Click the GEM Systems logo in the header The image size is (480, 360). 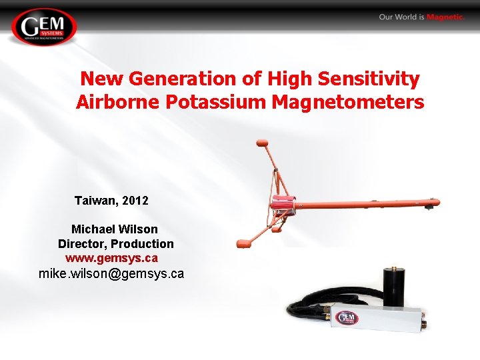[x=44, y=27]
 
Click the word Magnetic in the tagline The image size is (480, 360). [x=445, y=17]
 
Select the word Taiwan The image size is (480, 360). [x=96, y=200]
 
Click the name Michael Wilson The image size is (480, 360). [x=115, y=229]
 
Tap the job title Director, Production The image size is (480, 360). [x=115, y=244]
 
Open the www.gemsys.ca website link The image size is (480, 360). [x=111, y=257]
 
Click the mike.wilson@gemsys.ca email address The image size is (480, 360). [x=111, y=274]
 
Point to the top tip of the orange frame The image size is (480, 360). [x=262, y=141]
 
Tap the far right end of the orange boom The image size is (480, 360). [x=434, y=201]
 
